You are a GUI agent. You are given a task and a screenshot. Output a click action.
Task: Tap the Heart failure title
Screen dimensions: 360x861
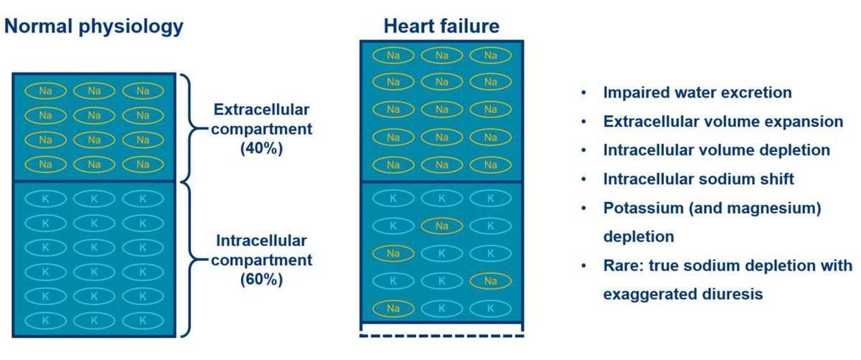pyautogui.click(x=442, y=28)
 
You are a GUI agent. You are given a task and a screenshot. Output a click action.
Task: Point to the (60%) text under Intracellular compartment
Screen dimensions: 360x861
pyautogui.click(x=261, y=278)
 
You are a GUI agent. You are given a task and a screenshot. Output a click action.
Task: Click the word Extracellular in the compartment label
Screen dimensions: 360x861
pyautogui.click(x=261, y=110)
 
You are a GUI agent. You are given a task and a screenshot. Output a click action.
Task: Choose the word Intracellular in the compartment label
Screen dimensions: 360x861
pyautogui.click(x=261, y=240)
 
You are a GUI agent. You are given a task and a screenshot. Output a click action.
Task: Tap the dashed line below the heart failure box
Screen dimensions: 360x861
pyautogui.click(x=442, y=333)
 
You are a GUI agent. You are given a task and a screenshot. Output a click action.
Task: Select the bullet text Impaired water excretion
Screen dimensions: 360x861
pyautogui.click(x=697, y=93)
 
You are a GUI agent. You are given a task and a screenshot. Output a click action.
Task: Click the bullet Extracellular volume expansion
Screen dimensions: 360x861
pyautogui.click(x=723, y=122)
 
